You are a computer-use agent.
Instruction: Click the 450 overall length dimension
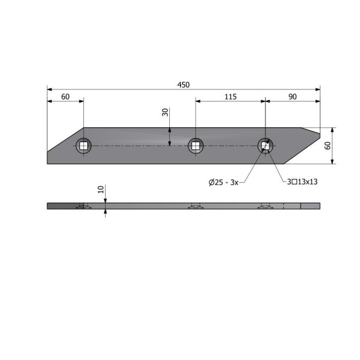[x=184, y=85]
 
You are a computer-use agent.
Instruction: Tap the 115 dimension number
[x=230, y=97]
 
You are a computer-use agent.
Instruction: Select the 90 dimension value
[x=293, y=97]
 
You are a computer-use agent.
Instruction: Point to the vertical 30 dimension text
[x=166, y=112]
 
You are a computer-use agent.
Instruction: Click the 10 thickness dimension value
[x=101, y=190]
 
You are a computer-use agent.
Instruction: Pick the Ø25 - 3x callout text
[x=223, y=182]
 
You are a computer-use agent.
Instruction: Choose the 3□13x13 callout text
[x=302, y=182]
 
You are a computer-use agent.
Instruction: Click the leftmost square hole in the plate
[x=83, y=146]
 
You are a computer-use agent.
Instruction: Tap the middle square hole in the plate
[x=196, y=146]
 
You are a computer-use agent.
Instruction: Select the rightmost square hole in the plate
[x=265, y=146]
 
